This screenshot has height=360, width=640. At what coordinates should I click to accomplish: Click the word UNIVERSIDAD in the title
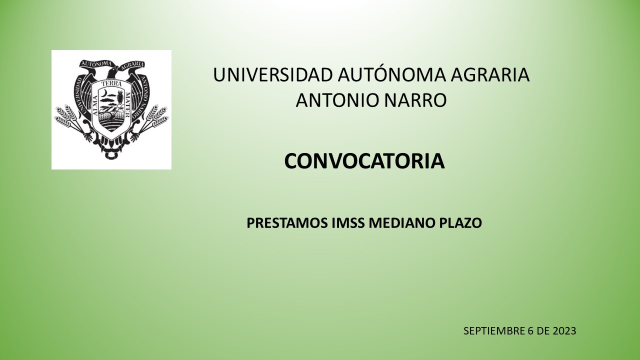[x=273, y=75]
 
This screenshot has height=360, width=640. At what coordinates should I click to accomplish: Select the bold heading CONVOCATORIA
[x=364, y=161]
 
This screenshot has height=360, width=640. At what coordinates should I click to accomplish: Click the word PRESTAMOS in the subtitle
[x=287, y=223]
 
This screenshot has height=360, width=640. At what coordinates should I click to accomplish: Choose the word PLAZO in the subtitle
[x=460, y=223]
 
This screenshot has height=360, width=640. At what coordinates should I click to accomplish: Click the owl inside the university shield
[x=120, y=96]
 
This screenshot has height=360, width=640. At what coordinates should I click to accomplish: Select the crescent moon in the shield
[x=105, y=93]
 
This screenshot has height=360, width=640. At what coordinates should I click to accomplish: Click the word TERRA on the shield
[x=111, y=84]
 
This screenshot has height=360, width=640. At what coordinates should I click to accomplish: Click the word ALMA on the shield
[x=95, y=105]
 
